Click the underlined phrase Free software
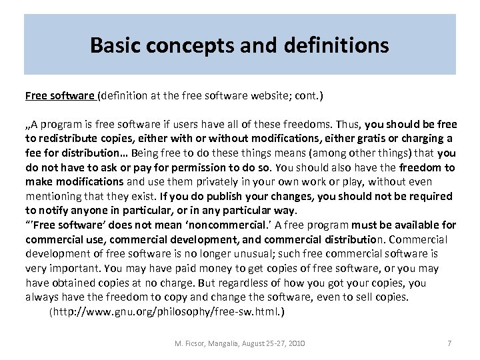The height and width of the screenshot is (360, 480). tap(60, 96)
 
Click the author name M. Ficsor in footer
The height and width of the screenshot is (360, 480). tap(189, 343)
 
